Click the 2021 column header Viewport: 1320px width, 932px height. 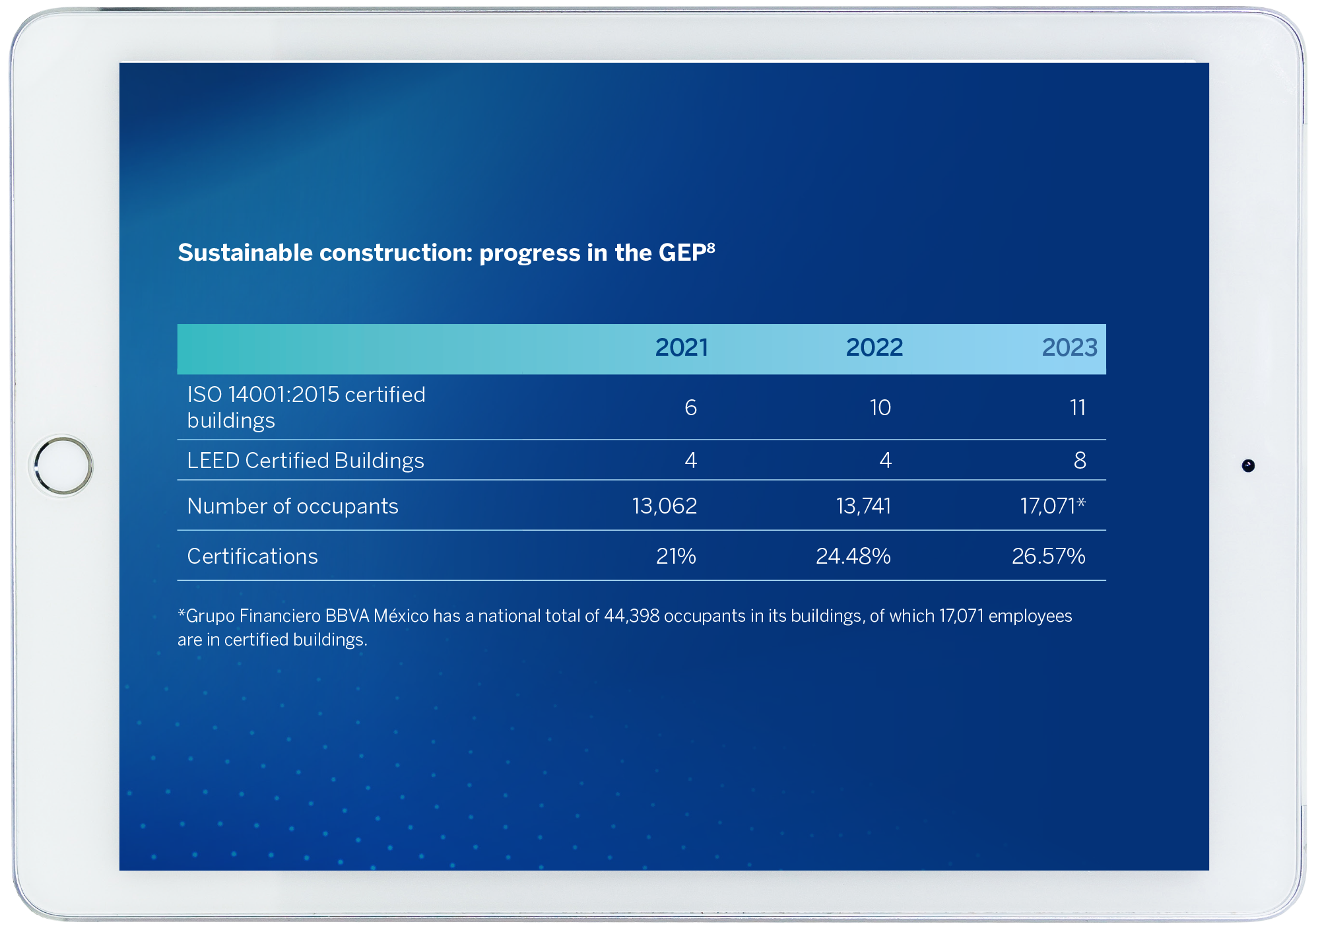(681, 348)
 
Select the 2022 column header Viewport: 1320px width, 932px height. (874, 348)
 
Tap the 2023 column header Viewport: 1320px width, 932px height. (1069, 348)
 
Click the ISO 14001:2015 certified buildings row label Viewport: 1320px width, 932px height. (306, 407)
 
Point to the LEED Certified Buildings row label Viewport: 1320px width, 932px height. (305, 461)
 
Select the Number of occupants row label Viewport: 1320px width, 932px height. (292, 506)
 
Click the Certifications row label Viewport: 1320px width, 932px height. (252, 556)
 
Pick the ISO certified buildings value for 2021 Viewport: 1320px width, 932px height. (690, 408)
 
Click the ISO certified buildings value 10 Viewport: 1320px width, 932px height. (880, 408)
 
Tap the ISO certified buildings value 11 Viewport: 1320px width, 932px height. (1077, 408)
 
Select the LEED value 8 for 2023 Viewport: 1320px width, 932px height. (1080, 461)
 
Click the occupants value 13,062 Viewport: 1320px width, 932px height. (664, 506)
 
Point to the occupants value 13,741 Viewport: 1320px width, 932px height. (863, 506)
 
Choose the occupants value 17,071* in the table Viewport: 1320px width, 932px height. (1052, 506)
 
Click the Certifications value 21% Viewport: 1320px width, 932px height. (676, 556)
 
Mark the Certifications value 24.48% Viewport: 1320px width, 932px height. (853, 556)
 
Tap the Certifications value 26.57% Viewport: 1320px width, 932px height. (1048, 556)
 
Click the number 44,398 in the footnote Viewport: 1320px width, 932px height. (632, 616)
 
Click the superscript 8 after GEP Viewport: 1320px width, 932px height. (711, 248)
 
